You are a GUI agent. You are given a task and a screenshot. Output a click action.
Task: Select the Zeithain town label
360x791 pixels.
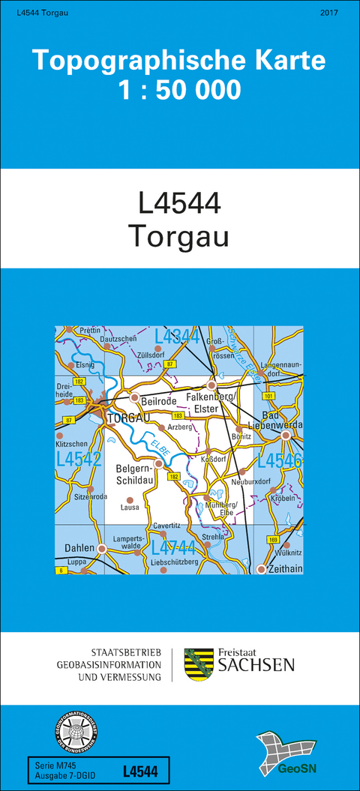pyautogui.click(x=284, y=569)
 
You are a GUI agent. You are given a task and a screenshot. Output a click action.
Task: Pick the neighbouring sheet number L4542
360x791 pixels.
pyautogui.click(x=78, y=459)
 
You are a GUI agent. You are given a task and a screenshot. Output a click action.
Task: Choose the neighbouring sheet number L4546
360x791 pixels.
pyautogui.click(x=279, y=461)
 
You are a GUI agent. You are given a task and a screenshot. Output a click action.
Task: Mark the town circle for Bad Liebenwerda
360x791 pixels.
pyautogui.click(x=285, y=435)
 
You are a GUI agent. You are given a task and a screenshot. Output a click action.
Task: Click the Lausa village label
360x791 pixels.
pyautogui.click(x=130, y=507)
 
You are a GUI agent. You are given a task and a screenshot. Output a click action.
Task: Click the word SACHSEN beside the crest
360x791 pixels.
pyautogui.click(x=256, y=665)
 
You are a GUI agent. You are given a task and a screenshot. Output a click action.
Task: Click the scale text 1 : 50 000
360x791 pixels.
pyautogui.click(x=179, y=91)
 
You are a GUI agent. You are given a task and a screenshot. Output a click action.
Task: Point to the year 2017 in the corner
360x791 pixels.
pyautogui.click(x=328, y=13)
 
